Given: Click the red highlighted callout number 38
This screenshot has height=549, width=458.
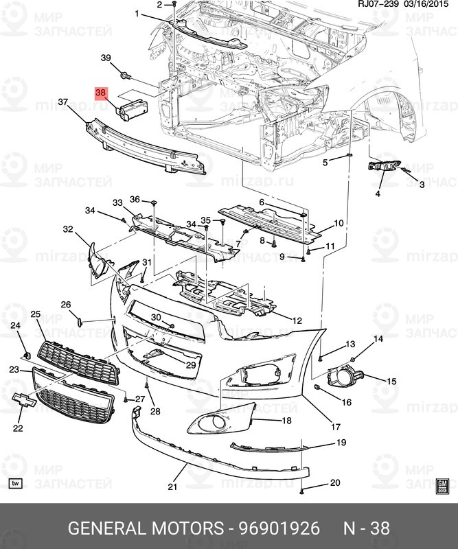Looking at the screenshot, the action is [100, 93].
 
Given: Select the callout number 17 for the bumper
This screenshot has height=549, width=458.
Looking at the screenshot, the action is [335, 427].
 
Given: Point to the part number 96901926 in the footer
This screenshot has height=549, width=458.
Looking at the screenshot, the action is [279, 528].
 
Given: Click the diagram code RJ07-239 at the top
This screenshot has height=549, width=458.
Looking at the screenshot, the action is [378, 4].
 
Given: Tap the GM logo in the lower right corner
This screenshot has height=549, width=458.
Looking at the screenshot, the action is [442, 486].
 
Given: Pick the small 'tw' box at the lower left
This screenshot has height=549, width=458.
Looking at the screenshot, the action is [15, 484].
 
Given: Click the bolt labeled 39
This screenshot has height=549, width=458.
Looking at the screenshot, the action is [125, 75].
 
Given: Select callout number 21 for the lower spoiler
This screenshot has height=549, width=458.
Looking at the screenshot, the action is [172, 487].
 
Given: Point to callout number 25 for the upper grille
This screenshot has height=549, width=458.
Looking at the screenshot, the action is [36, 314].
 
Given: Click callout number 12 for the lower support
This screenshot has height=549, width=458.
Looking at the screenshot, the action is [297, 320].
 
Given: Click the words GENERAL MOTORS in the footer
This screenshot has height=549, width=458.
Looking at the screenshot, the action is [146, 528].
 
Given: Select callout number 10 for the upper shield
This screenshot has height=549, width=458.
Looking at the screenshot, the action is [339, 223].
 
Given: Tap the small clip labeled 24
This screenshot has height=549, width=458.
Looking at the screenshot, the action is [27, 356].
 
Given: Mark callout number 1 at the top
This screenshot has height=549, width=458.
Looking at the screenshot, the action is [137, 14].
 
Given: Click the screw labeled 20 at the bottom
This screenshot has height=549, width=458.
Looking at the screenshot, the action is [301, 492].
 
